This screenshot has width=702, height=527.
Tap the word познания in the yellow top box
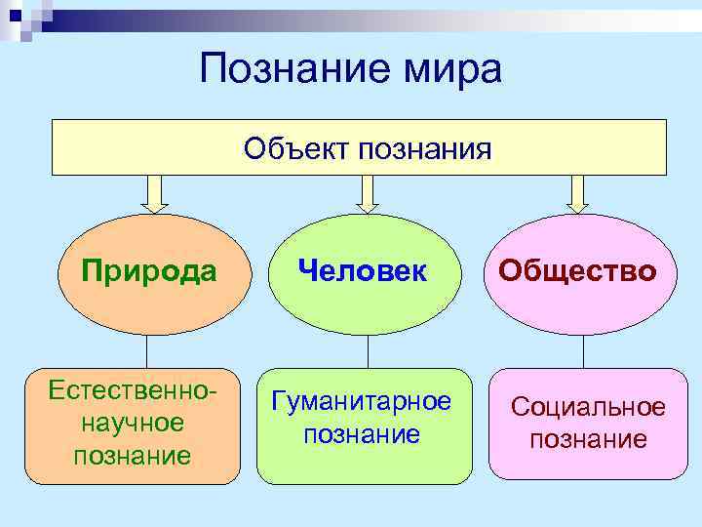pos(425,148)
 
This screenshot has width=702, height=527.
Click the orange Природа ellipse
pos(149,271)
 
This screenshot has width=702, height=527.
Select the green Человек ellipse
pos(364,271)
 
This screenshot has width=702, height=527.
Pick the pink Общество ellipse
pos(577,271)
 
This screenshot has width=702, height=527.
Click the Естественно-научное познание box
pos(133,426)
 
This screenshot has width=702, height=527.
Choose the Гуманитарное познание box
pos(362,426)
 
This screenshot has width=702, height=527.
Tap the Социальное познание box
pos(588,426)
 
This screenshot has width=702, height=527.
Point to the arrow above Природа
pos(154,193)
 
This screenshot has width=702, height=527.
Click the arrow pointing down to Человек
pos(366,193)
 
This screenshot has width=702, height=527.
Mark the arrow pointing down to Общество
pos(578,193)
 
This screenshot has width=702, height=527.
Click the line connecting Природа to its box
pos(146,351)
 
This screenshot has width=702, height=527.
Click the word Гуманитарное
pos(362,402)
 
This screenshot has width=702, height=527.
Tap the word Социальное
pos(588,408)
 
